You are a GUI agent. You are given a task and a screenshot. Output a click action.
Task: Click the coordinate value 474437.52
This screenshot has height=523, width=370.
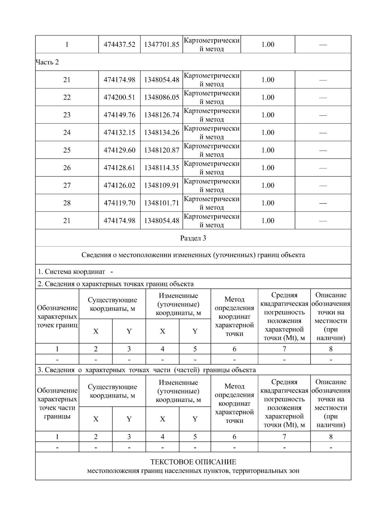click(119, 44)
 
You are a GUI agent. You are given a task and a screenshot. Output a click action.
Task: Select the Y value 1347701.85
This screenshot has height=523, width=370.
click(162, 44)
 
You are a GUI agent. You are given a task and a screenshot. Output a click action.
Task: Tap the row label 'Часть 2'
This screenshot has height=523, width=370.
click(47, 62)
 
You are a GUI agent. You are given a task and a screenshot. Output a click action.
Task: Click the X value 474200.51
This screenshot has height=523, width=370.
click(119, 97)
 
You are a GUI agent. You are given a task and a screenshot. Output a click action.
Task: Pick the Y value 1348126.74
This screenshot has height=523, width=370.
click(162, 115)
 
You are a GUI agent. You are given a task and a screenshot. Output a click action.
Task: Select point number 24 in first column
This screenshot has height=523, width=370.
click(67, 133)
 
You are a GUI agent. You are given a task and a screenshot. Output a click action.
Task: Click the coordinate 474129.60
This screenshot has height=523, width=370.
click(119, 150)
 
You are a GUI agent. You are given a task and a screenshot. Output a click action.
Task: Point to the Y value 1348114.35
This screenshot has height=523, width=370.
click(162, 168)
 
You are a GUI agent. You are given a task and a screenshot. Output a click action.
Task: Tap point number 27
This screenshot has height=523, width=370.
click(67, 185)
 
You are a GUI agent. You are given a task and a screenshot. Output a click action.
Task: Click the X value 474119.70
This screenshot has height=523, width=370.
click(119, 203)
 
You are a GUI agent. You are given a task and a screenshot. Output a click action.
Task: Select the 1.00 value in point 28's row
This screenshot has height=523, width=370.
click(268, 203)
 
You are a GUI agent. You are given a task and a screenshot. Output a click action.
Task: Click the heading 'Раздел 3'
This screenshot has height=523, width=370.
click(193, 238)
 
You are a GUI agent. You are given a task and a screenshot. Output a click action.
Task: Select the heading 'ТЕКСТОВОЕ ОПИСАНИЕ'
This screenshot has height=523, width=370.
click(193, 462)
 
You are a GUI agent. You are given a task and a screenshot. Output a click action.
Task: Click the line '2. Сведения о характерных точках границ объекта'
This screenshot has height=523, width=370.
click(116, 284)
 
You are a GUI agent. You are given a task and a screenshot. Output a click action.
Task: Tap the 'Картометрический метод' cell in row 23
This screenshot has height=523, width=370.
click(212, 115)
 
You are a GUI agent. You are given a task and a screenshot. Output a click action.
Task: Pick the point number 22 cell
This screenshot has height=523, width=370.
click(67, 97)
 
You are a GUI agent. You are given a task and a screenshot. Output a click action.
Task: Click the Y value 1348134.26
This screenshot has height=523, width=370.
click(162, 133)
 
